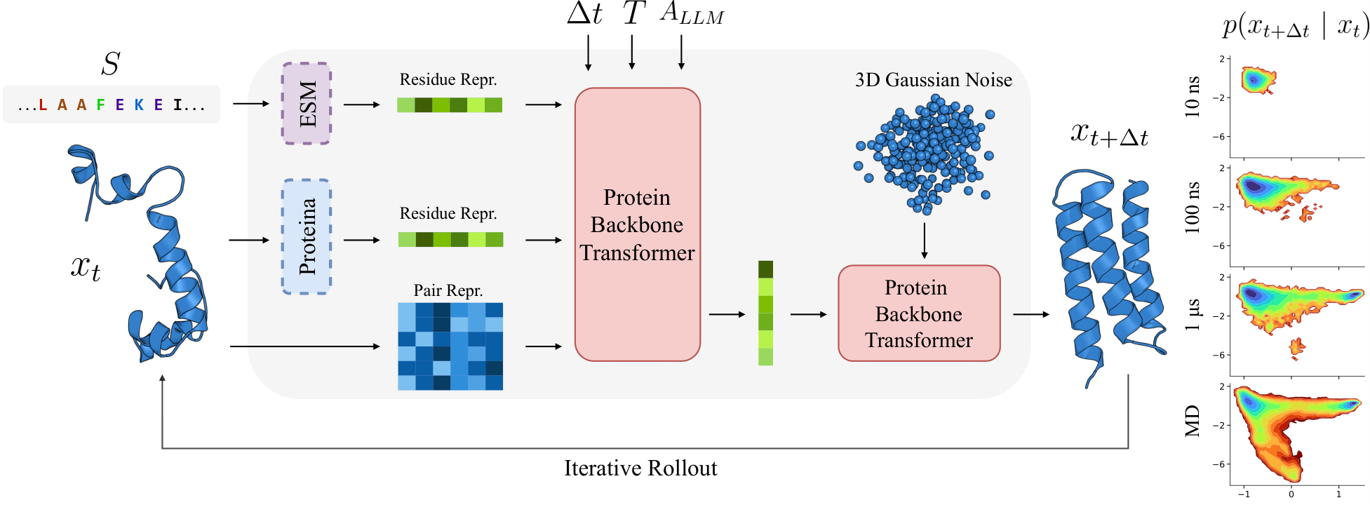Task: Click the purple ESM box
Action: (307, 104)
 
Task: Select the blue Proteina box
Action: (307, 236)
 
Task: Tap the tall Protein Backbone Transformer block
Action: (637, 224)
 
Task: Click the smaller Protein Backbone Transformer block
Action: (919, 313)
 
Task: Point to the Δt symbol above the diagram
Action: (584, 14)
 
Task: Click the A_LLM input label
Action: (692, 14)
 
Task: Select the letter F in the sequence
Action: (101, 105)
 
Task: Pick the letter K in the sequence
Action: (139, 105)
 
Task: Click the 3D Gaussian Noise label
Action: (933, 80)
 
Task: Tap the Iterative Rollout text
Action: (640, 468)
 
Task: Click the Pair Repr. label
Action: (448, 290)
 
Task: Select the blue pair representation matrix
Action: (450, 346)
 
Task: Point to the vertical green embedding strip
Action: (765, 313)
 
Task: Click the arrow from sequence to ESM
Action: (250, 104)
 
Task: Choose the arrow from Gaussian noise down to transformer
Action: (925, 241)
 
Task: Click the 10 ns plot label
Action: (1193, 97)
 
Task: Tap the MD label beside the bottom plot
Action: (1193, 421)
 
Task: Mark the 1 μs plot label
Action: (1193, 315)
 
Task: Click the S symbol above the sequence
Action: (110, 64)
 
